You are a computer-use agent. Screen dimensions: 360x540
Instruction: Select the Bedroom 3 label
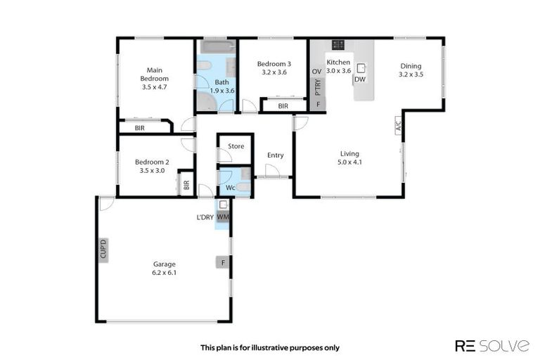click(x=271, y=63)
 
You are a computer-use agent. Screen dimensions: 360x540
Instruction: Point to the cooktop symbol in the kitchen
click(x=338, y=44)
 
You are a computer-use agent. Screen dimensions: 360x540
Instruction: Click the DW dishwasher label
click(x=360, y=79)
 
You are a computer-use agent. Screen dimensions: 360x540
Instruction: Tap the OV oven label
click(x=316, y=71)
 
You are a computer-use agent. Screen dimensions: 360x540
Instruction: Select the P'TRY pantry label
click(x=318, y=88)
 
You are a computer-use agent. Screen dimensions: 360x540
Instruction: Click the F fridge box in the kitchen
click(x=318, y=105)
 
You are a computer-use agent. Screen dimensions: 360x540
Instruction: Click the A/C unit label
click(x=397, y=127)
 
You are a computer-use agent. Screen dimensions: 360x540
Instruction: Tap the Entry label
click(x=275, y=155)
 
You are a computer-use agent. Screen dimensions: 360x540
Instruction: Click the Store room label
click(x=236, y=146)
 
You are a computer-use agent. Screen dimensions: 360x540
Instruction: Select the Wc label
click(x=230, y=188)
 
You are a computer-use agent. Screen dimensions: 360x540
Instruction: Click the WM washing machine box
click(x=223, y=217)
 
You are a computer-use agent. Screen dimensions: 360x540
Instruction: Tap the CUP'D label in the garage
click(x=103, y=250)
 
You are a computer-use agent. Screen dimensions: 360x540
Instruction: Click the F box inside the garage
click(x=223, y=262)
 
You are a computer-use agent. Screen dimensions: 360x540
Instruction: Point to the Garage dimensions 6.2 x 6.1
click(x=164, y=272)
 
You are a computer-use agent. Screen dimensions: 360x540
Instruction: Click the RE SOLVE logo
click(x=492, y=345)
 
